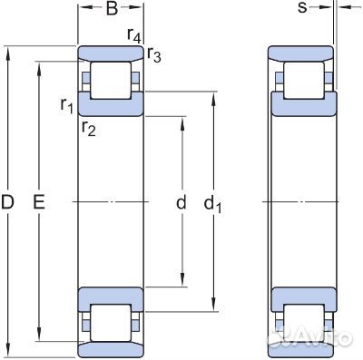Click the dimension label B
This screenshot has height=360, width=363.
point(111,10)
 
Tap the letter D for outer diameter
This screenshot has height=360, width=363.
point(8,204)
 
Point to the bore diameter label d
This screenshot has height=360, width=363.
point(181,203)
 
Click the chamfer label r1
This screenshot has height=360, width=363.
point(66,106)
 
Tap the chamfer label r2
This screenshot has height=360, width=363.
point(88,127)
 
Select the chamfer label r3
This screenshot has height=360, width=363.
point(154,57)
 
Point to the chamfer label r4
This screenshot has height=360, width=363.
point(134,37)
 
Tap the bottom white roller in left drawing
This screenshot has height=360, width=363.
point(110,321)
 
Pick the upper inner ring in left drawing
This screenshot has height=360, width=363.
point(111,102)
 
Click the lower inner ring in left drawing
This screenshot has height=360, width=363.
point(111,297)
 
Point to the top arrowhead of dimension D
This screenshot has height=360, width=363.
point(8,48)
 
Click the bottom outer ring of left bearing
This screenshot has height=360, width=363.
point(111,349)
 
